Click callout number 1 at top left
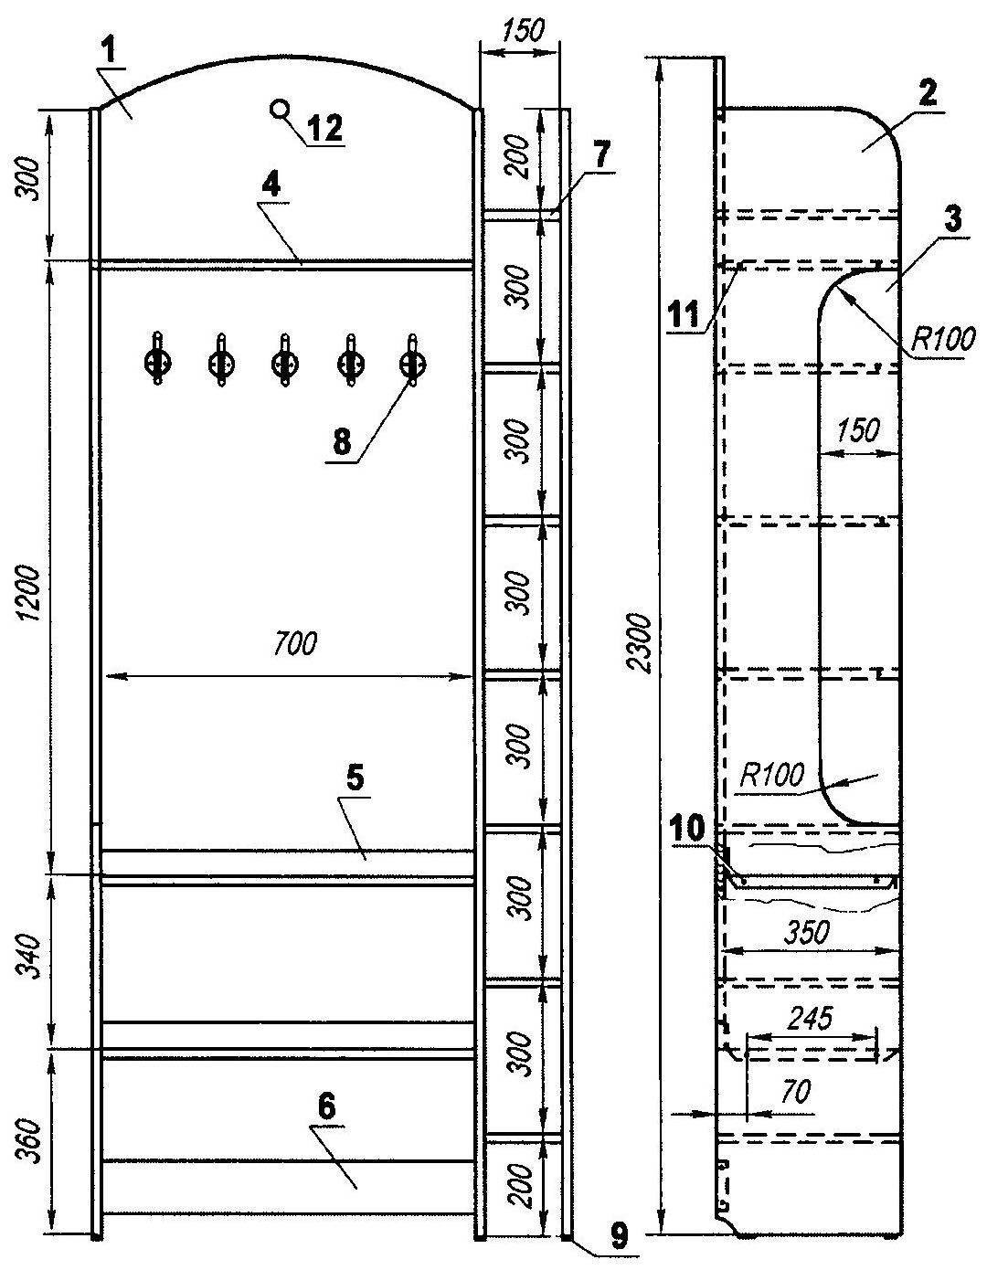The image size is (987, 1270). click(109, 51)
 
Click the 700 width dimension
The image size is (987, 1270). click(294, 642)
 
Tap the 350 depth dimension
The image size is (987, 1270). click(806, 933)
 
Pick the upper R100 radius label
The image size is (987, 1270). click(943, 339)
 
